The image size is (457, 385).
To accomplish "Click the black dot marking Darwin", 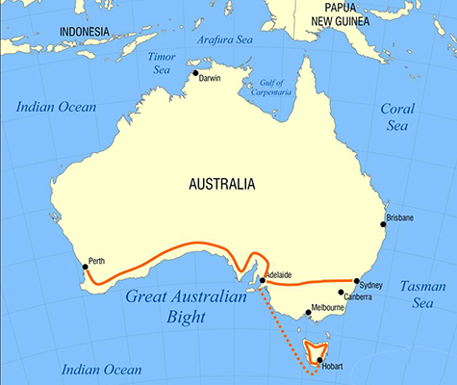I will (x=195, y=73).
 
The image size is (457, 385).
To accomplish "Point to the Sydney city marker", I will (x=357, y=281).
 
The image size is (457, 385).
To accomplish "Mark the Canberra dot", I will (x=341, y=292).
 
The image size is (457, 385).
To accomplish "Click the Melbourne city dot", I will (x=307, y=312).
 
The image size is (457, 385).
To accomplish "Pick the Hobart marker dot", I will (x=319, y=360).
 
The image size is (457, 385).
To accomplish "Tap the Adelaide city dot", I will (x=263, y=281).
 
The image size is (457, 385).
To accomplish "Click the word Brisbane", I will (x=399, y=218).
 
